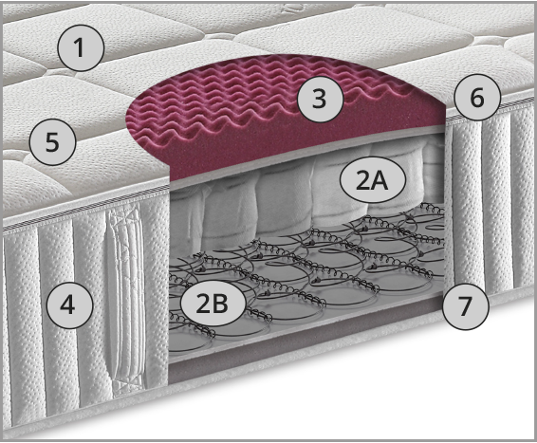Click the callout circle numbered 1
click(x=80, y=47)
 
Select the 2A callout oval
click(x=373, y=180)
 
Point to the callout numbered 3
click(x=320, y=99)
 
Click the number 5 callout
click(x=52, y=141)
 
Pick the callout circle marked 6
click(x=477, y=97)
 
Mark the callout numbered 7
click(x=466, y=306)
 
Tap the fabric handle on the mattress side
click(x=126, y=298)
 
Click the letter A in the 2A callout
click(x=380, y=180)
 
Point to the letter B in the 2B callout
click(x=219, y=304)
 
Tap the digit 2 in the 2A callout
click(x=363, y=180)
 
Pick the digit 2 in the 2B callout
click(x=203, y=304)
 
